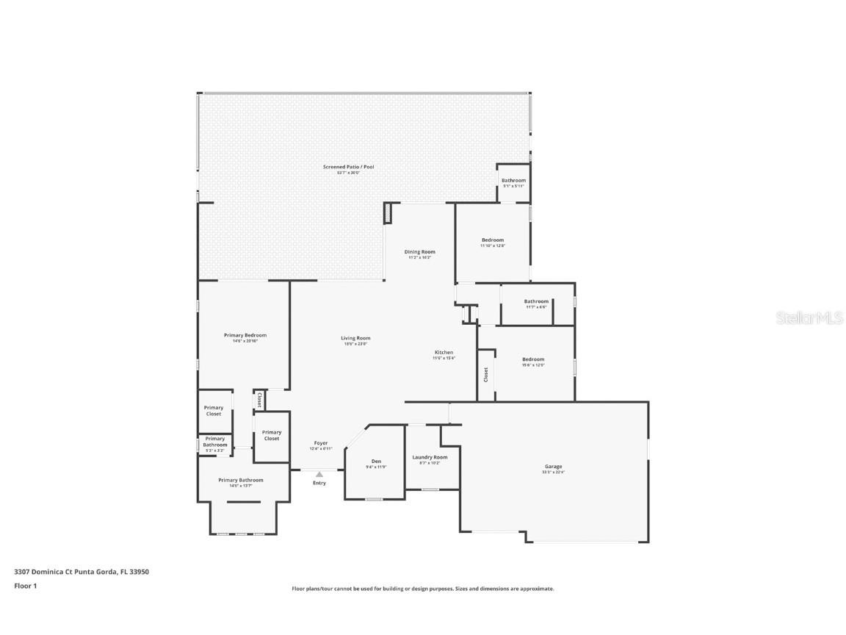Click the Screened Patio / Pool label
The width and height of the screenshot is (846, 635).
pyautogui.click(x=349, y=167)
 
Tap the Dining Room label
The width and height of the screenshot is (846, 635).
pyautogui.click(x=419, y=252)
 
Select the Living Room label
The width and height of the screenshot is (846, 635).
pyautogui.click(x=355, y=338)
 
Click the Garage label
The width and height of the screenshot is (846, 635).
pyautogui.click(x=553, y=467)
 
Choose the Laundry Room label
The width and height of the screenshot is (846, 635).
pyautogui.click(x=430, y=457)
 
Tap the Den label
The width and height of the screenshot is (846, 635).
pyautogui.click(x=375, y=461)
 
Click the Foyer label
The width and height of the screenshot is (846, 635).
pyautogui.click(x=321, y=443)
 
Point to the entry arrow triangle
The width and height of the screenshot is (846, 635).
pyautogui.click(x=319, y=475)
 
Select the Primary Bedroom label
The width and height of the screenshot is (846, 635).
pyautogui.click(x=245, y=335)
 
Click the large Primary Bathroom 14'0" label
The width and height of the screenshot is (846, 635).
pyautogui.click(x=240, y=480)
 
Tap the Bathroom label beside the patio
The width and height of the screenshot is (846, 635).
pyautogui.click(x=513, y=181)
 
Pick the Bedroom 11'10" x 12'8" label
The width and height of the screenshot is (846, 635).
pyautogui.click(x=493, y=240)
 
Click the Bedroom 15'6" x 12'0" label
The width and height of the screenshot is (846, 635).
pyautogui.click(x=533, y=359)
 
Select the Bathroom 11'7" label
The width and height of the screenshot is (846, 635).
pyautogui.click(x=536, y=301)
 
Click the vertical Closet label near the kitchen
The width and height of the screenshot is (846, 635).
pyautogui.click(x=485, y=375)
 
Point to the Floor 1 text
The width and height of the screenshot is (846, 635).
pyautogui.click(x=25, y=586)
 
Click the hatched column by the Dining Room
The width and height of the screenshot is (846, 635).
pyautogui.click(x=387, y=213)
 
